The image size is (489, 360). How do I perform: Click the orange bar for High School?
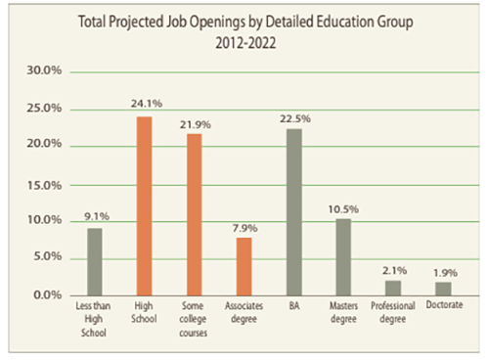click(x=143, y=205)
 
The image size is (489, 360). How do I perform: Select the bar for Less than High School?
click(x=93, y=261)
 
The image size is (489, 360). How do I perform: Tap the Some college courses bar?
click(x=194, y=213)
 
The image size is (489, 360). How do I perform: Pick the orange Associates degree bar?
click(x=244, y=265)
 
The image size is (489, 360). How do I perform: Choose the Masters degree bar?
click(x=342, y=256)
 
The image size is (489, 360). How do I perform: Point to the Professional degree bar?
click(x=392, y=288)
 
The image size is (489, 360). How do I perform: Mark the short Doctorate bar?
click(x=442, y=289)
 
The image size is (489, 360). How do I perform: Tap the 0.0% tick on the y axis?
click(x=47, y=294)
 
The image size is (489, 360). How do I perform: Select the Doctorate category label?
click(x=442, y=308)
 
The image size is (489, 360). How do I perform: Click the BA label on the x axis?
click(x=293, y=308)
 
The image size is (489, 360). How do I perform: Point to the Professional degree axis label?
click(x=392, y=313)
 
